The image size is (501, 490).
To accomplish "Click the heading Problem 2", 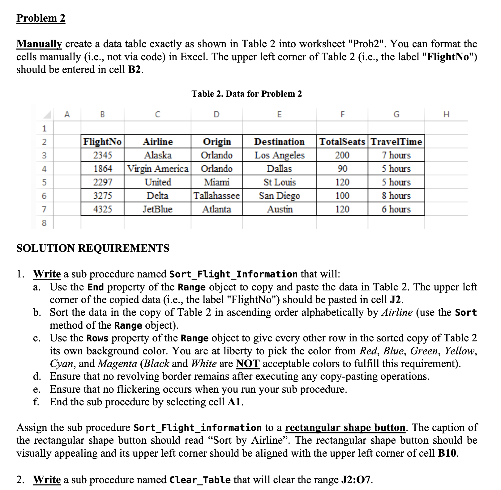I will click(x=41, y=18).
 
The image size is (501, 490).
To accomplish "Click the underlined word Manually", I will click(x=39, y=44).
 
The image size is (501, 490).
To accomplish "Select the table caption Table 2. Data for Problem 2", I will click(x=246, y=94).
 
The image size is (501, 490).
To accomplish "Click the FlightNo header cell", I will click(x=103, y=142).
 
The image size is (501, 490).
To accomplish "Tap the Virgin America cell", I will click(x=158, y=169).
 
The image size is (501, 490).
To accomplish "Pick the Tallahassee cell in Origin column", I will click(x=216, y=196).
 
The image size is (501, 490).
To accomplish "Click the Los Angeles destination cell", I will click(x=280, y=155).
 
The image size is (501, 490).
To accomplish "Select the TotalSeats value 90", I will click(x=342, y=169).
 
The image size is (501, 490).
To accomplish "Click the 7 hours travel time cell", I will click(x=396, y=155).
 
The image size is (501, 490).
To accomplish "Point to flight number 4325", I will click(x=103, y=209).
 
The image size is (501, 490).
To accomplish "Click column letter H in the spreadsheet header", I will click(x=446, y=115).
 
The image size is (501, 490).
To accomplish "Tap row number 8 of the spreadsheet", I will click(x=44, y=223).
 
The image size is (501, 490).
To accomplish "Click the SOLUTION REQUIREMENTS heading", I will click(x=93, y=248).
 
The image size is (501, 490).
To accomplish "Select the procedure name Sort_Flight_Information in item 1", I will click(x=233, y=274).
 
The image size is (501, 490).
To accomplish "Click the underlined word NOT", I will click(x=247, y=364).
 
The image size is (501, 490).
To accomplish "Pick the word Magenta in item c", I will click(x=117, y=364).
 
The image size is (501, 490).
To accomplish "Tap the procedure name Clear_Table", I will click(x=200, y=480).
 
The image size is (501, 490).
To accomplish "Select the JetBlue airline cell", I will click(x=158, y=209).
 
